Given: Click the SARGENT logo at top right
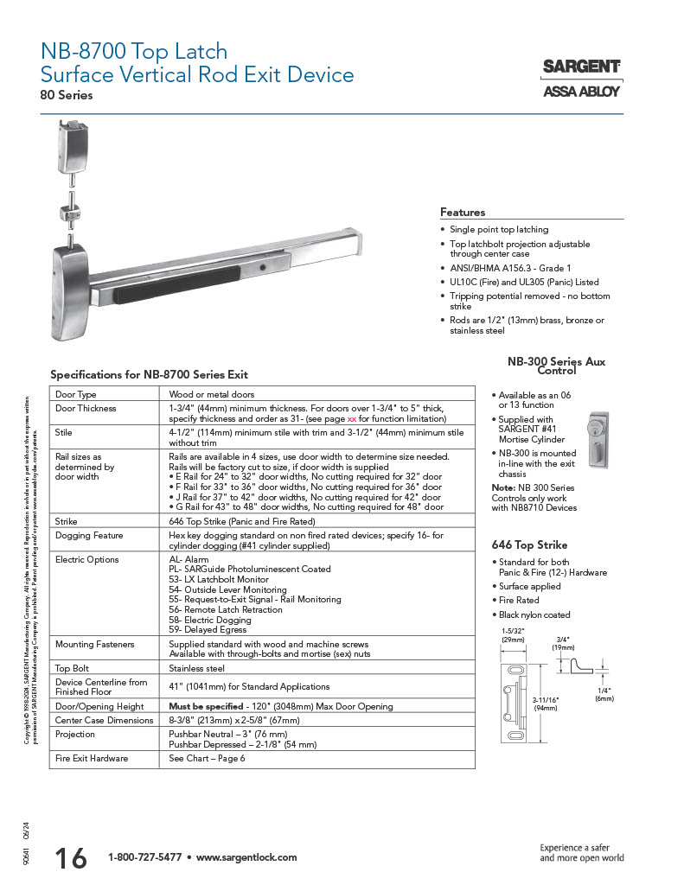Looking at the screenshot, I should [581, 67].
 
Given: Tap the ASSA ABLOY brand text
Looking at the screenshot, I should [581, 91].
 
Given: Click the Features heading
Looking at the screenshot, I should [463, 212].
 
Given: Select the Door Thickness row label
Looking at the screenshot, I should [86, 408].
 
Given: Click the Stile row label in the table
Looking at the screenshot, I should [64, 432].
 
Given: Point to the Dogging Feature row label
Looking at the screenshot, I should [89, 536].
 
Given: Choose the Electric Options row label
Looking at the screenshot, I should [87, 560].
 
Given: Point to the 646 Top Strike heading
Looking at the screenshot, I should [529, 545].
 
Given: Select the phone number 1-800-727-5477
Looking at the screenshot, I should [144, 857].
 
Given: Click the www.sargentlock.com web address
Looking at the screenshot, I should [246, 857].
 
